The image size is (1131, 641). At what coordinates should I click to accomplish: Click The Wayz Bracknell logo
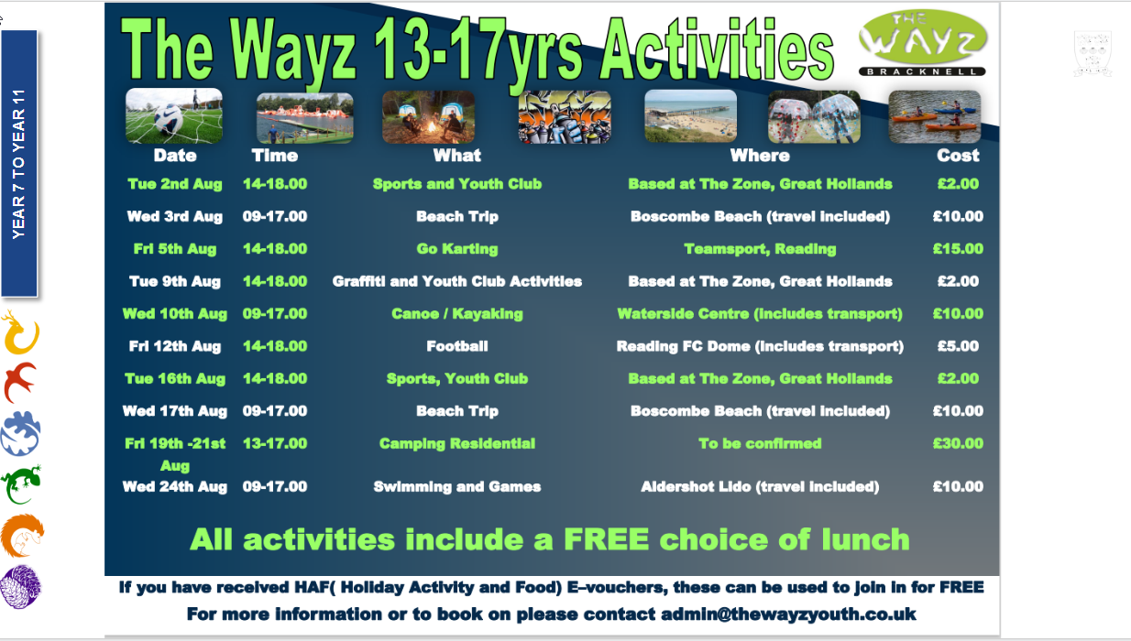(922, 43)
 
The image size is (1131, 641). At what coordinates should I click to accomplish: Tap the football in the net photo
(174, 115)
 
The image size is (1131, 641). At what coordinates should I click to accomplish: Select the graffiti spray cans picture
(565, 116)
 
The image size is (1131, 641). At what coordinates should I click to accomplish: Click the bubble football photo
(814, 116)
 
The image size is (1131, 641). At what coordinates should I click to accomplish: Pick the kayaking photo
(935, 116)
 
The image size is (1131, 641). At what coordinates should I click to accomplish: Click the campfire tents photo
(428, 116)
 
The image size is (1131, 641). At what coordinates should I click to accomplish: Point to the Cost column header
(958, 156)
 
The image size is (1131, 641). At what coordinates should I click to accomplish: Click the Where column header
(760, 156)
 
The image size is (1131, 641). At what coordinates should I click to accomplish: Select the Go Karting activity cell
(457, 249)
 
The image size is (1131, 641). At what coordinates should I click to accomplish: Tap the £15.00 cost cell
(958, 249)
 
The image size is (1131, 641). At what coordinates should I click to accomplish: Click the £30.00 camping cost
(958, 443)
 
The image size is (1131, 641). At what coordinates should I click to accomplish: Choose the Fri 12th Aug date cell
(175, 346)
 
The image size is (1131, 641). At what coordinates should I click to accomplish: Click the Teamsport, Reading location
(760, 249)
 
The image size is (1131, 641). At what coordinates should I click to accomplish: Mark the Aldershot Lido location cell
(760, 486)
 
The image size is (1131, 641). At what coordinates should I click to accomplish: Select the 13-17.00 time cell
(275, 443)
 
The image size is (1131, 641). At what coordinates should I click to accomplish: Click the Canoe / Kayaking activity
(457, 314)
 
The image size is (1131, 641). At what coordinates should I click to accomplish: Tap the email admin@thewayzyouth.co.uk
(788, 614)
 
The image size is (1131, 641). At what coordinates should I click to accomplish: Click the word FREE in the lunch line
(606, 539)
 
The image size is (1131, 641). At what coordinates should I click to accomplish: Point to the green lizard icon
(21, 484)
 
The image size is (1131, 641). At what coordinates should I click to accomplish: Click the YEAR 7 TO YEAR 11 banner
(19, 163)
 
